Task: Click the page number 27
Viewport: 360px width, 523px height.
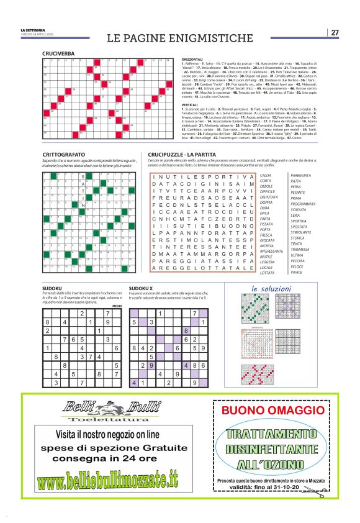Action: click(x=335, y=32)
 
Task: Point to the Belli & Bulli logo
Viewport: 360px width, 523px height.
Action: click(x=109, y=408)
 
